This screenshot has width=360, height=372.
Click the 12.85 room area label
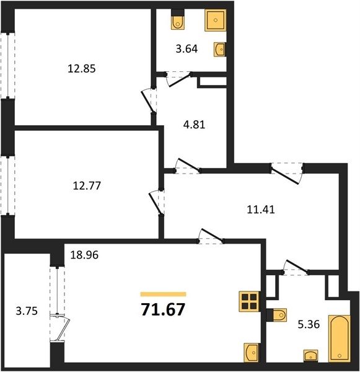82,69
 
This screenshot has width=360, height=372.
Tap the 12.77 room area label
87,185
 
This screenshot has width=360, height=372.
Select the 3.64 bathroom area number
187,48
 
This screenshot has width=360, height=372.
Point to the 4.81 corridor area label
194,125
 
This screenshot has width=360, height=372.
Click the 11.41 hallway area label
261,210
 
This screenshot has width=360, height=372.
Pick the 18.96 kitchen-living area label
84,255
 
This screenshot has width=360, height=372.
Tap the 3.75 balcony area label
27,311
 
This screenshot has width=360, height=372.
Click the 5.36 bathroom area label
309,324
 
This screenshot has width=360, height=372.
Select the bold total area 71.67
163,309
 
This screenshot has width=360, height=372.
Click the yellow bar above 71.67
163,294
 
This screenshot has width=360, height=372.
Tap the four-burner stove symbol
249,301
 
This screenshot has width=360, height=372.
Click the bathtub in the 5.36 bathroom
340,339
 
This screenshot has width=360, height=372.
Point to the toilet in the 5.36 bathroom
277,315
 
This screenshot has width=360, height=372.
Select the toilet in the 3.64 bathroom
178,19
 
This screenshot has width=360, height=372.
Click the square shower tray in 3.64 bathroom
216,20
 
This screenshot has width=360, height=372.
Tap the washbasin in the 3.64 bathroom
219,50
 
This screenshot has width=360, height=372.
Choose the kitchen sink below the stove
252,353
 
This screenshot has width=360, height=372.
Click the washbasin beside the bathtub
310,356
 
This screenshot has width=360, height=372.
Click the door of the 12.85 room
149,100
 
